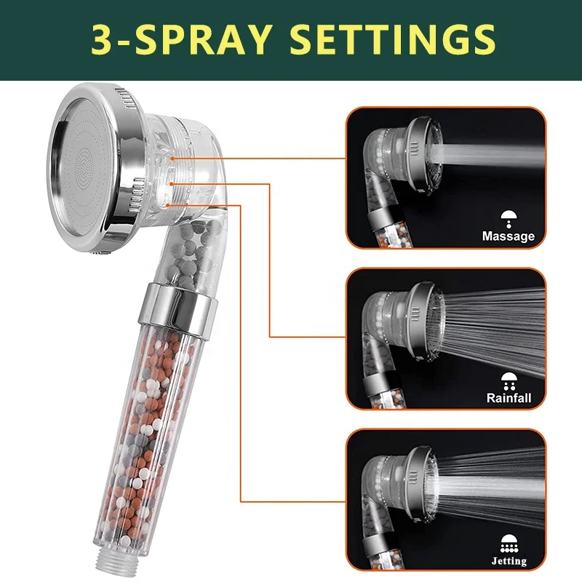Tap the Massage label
(508, 236)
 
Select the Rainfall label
(509, 398)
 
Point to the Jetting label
(509, 560)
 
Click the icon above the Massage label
(509, 216)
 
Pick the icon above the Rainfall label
(509, 379)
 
